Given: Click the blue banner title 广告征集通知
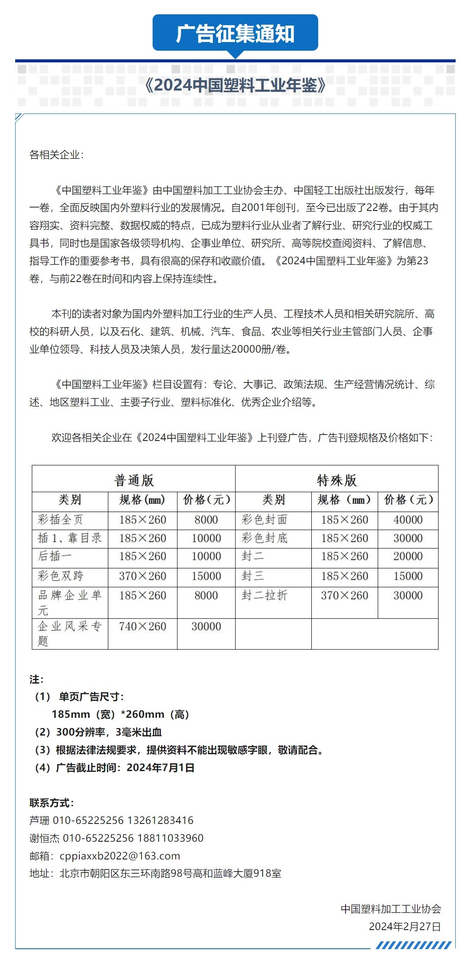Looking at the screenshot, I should tap(235, 34).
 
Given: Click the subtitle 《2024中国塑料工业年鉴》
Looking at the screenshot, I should tap(235, 85).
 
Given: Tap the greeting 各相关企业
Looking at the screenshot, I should tap(55, 155).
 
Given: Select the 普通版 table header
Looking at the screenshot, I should tap(134, 480).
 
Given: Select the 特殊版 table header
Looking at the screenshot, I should tap(336, 480).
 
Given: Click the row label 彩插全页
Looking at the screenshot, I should tap(60, 519).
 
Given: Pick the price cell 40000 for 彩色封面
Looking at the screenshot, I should tap(408, 519).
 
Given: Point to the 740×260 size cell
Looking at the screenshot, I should tap(143, 626).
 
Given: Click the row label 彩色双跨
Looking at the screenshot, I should tap(60, 576).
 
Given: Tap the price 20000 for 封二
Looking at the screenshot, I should tap(408, 556).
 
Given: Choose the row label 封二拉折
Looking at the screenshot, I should tap(264, 595).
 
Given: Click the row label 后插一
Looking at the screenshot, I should tap(55, 556).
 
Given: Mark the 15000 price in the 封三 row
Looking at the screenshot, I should tap(408, 576).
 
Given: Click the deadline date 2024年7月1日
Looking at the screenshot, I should tap(160, 768).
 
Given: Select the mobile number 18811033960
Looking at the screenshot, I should tap(170, 838).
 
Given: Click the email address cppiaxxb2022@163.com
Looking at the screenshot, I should tap(120, 856).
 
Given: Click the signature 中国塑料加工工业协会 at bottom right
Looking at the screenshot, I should tap(391, 908).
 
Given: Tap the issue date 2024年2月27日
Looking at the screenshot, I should tap(404, 926).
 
